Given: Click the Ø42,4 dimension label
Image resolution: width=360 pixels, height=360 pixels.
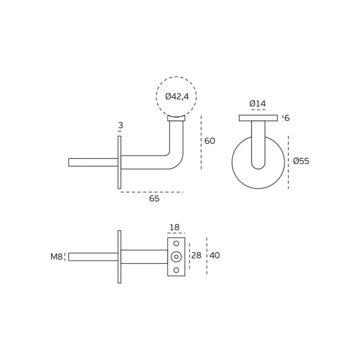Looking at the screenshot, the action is tap(177, 97).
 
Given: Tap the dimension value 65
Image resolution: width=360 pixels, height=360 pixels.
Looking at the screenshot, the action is tap(154, 198).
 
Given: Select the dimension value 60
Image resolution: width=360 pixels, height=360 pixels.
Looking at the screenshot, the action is tap(209, 141).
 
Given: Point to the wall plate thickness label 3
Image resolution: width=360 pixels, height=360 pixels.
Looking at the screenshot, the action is tap(121, 125).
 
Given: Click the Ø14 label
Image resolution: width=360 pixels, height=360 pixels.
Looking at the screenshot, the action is tap(258, 103).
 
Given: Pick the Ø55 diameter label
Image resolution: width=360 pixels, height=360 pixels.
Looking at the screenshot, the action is tap(301, 161).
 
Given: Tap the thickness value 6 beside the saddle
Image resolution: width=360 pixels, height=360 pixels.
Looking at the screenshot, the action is tap(287, 118).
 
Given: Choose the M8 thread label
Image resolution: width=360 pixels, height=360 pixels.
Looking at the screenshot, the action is tap(56, 256).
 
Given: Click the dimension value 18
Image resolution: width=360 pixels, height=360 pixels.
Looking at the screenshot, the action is tap(175, 227).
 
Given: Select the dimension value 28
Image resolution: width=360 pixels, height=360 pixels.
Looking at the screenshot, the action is tap(196, 255).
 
